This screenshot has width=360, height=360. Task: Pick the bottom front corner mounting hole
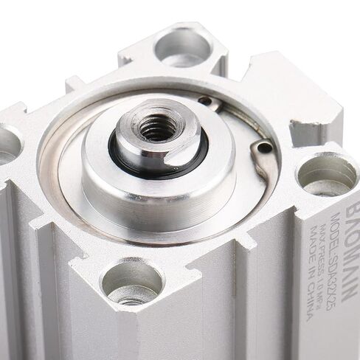pyautogui.click(x=131, y=283)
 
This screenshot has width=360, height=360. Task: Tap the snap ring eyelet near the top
pyautogui.click(x=210, y=101)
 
